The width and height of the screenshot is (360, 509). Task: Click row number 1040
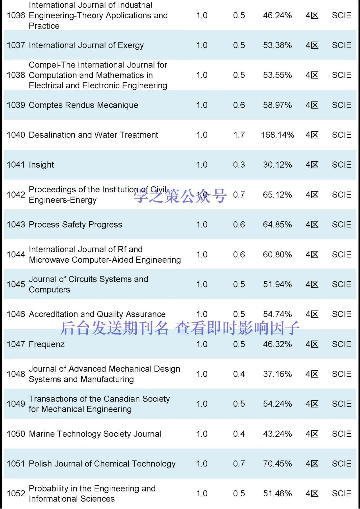(x=16, y=135)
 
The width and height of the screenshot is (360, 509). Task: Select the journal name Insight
(x=41, y=165)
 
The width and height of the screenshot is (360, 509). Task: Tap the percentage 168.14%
(x=277, y=135)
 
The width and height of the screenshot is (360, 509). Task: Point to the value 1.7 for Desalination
(x=239, y=135)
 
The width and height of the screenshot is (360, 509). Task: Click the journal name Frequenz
(x=47, y=344)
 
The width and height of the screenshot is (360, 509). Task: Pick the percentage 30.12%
(x=277, y=165)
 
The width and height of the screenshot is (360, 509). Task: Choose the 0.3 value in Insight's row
(x=239, y=165)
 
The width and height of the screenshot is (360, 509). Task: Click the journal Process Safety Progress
(x=76, y=225)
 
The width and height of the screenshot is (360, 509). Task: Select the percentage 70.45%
(x=277, y=464)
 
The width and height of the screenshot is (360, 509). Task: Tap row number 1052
(x=16, y=494)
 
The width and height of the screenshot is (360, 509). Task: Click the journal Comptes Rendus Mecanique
(x=84, y=105)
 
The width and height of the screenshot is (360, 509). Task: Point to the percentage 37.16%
(x=277, y=374)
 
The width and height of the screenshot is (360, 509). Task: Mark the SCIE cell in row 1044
(x=342, y=255)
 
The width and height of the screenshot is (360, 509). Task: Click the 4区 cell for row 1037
(x=312, y=45)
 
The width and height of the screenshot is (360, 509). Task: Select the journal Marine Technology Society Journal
(x=95, y=434)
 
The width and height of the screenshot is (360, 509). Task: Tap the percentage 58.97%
(x=277, y=105)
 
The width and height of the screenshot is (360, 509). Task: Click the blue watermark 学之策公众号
(x=180, y=196)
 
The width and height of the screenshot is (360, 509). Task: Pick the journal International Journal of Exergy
(x=86, y=45)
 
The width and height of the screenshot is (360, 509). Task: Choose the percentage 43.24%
(x=277, y=434)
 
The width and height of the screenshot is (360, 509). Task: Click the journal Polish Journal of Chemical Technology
(x=102, y=464)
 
